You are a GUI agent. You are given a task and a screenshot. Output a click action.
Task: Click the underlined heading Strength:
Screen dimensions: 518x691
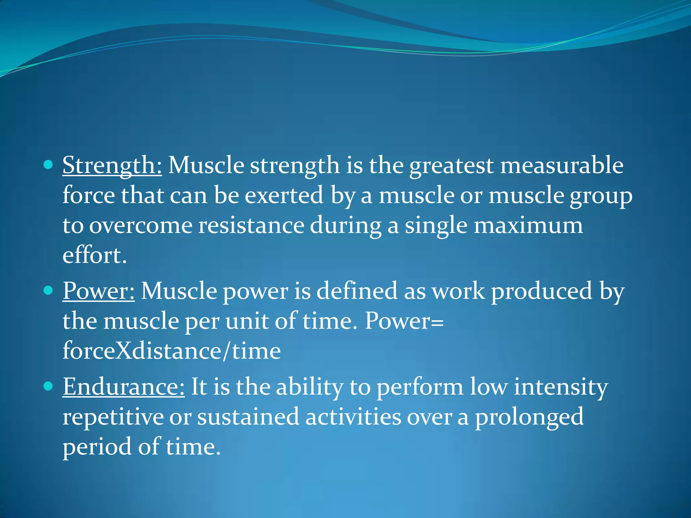(112, 166)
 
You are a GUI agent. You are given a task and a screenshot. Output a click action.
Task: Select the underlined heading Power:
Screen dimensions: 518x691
(99, 291)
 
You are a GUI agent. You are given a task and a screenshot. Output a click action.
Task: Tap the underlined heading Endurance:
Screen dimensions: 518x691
(123, 387)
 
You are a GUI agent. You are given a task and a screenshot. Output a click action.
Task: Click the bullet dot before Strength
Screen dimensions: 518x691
(49, 165)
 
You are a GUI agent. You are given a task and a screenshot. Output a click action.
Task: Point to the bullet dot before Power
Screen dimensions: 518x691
(49, 290)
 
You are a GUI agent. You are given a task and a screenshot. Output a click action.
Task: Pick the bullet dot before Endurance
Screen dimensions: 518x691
(49, 386)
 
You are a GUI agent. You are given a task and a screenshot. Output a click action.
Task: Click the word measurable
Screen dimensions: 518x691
(561, 166)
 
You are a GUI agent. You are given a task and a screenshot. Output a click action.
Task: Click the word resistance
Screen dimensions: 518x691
(251, 225)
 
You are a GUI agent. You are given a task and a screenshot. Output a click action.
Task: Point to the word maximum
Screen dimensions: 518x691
(528, 225)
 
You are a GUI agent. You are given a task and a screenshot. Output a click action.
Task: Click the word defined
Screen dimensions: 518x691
(357, 291)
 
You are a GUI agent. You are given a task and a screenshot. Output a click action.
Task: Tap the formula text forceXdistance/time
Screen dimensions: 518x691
(171, 351)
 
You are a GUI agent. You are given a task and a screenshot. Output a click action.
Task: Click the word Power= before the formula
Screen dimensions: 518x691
(404, 321)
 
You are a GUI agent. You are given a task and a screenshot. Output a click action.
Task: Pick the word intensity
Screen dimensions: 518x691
(561, 387)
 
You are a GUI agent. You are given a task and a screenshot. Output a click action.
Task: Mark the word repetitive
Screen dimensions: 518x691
(113, 417)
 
